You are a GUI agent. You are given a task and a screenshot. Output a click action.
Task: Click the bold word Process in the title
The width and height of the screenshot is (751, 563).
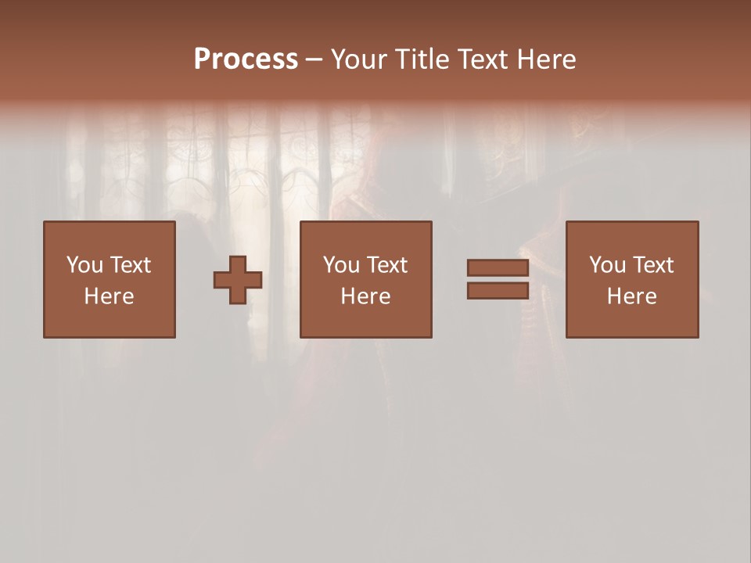[246, 59]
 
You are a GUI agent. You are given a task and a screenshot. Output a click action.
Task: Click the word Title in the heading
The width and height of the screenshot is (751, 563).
[422, 59]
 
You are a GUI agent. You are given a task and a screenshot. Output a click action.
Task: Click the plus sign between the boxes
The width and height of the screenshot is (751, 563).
[238, 280]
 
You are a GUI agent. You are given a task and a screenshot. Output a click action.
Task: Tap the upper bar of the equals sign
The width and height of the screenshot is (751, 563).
[498, 267]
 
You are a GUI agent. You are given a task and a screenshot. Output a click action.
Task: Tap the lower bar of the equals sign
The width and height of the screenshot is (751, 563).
[498, 291]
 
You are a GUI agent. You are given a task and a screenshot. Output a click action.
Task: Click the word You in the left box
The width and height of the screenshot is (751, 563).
[84, 265]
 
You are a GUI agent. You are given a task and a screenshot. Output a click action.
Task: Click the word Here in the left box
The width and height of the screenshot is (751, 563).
[109, 296]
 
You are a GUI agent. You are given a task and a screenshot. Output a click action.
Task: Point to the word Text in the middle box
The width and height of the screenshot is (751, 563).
[387, 265]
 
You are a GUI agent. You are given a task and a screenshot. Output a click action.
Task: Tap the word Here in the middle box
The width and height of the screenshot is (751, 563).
[365, 296]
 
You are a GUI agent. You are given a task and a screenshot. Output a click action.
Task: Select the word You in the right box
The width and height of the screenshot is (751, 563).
[607, 265]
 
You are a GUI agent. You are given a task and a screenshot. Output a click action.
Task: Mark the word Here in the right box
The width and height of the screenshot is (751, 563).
[631, 296]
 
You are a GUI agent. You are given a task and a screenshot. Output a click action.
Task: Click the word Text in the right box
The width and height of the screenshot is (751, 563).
[653, 265]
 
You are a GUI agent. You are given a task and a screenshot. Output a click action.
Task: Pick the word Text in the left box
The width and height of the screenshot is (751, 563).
[131, 265]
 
